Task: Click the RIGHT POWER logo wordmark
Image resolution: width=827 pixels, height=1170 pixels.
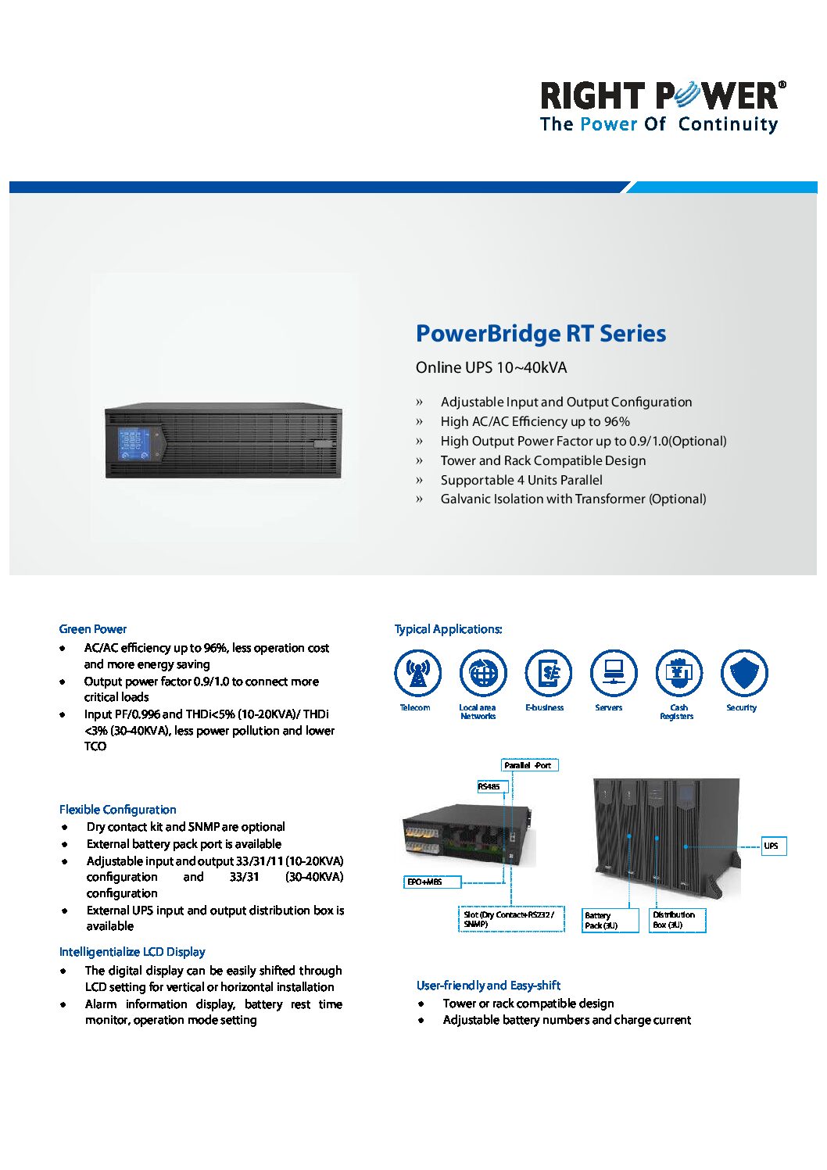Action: click(x=662, y=95)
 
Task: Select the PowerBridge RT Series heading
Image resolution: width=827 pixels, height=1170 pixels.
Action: click(x=541, y=334)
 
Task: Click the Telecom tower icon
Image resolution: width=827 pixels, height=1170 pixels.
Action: click(x=417, y=673)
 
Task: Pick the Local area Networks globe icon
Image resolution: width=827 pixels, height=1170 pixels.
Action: click(x=483, y=673)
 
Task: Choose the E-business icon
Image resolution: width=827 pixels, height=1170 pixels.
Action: click(x=548, y=673)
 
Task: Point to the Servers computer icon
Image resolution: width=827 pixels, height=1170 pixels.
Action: click(x=614, y=673)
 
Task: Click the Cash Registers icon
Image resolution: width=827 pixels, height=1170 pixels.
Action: click(x=678, y=673)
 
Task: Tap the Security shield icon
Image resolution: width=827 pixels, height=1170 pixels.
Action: click(x=744, y=673)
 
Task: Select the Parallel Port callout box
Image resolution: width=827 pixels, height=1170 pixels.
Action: click(x=530, y=765)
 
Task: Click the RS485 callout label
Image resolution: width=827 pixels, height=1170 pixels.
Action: click(x=492, y=786)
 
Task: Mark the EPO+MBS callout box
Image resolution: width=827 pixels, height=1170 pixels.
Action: click(x=432, y=882)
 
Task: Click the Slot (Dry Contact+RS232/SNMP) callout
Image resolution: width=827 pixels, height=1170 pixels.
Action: click(x=511, y=919)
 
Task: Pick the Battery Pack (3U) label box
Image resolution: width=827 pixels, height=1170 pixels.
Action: click(x=610, y=921)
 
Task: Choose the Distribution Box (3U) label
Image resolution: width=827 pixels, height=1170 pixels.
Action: click(x=678, y=920)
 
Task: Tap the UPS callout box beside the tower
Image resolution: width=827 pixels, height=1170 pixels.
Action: click(x=773, y=846)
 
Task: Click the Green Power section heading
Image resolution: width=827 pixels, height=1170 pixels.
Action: click(x=92, y=629)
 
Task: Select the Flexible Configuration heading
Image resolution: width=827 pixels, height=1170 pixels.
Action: click(x=117, y=810)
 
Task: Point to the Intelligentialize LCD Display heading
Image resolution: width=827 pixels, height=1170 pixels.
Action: click(x=132, y=952)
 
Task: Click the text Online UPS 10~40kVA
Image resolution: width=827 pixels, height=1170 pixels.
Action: click(x=491, y=367)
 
